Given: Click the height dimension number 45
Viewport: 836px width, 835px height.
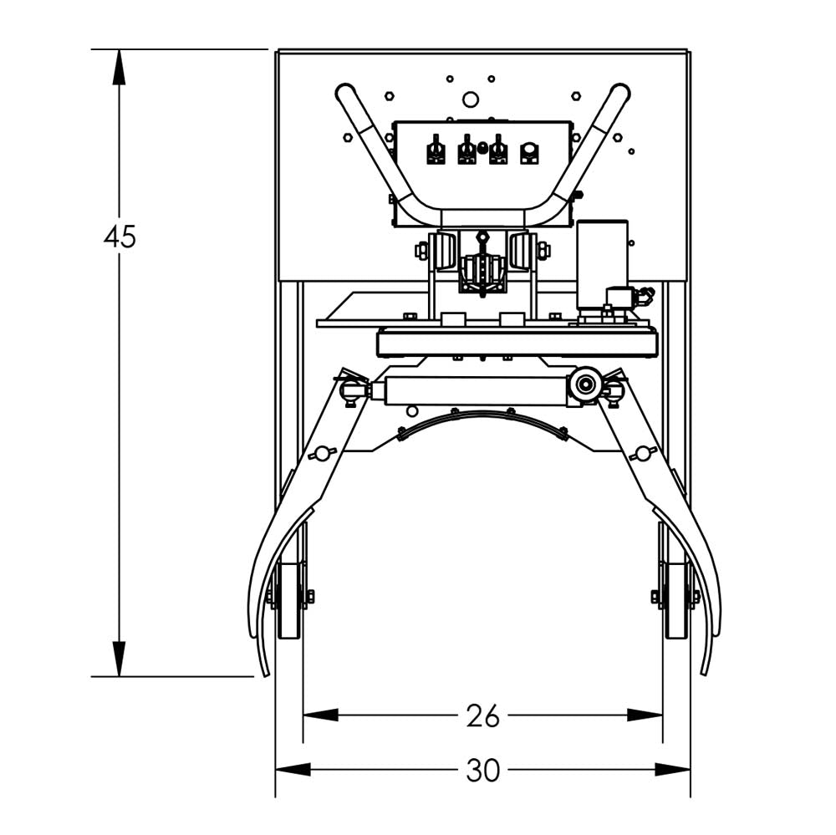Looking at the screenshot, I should click(x=120, y=237).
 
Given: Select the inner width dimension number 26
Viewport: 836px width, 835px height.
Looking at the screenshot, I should click(x=482, y=715).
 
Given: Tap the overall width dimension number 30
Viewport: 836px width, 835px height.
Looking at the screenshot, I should click(x=482, y=770).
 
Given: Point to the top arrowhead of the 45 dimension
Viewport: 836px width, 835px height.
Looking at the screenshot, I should click(x=119, y=67).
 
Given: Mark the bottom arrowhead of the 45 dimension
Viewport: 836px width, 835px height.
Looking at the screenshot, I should click(x=119, y=659).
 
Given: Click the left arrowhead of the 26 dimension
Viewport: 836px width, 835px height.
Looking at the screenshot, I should click(x=320, y=715).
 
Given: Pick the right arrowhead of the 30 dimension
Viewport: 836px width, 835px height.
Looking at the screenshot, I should click(x=673, y=770).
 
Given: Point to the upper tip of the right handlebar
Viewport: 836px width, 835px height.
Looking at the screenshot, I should click(x=620, y=91).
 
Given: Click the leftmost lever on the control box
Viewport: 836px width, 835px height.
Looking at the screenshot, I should click(x=436, y=151).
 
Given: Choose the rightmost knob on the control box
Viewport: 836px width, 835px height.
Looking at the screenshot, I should click(x=528, y=153).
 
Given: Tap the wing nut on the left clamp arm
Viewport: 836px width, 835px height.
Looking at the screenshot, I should click(x=320, y=453).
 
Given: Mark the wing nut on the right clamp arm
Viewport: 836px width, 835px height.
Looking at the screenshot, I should click(x=642, y=453).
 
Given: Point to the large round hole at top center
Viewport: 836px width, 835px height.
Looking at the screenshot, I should click(x=471, y=99).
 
